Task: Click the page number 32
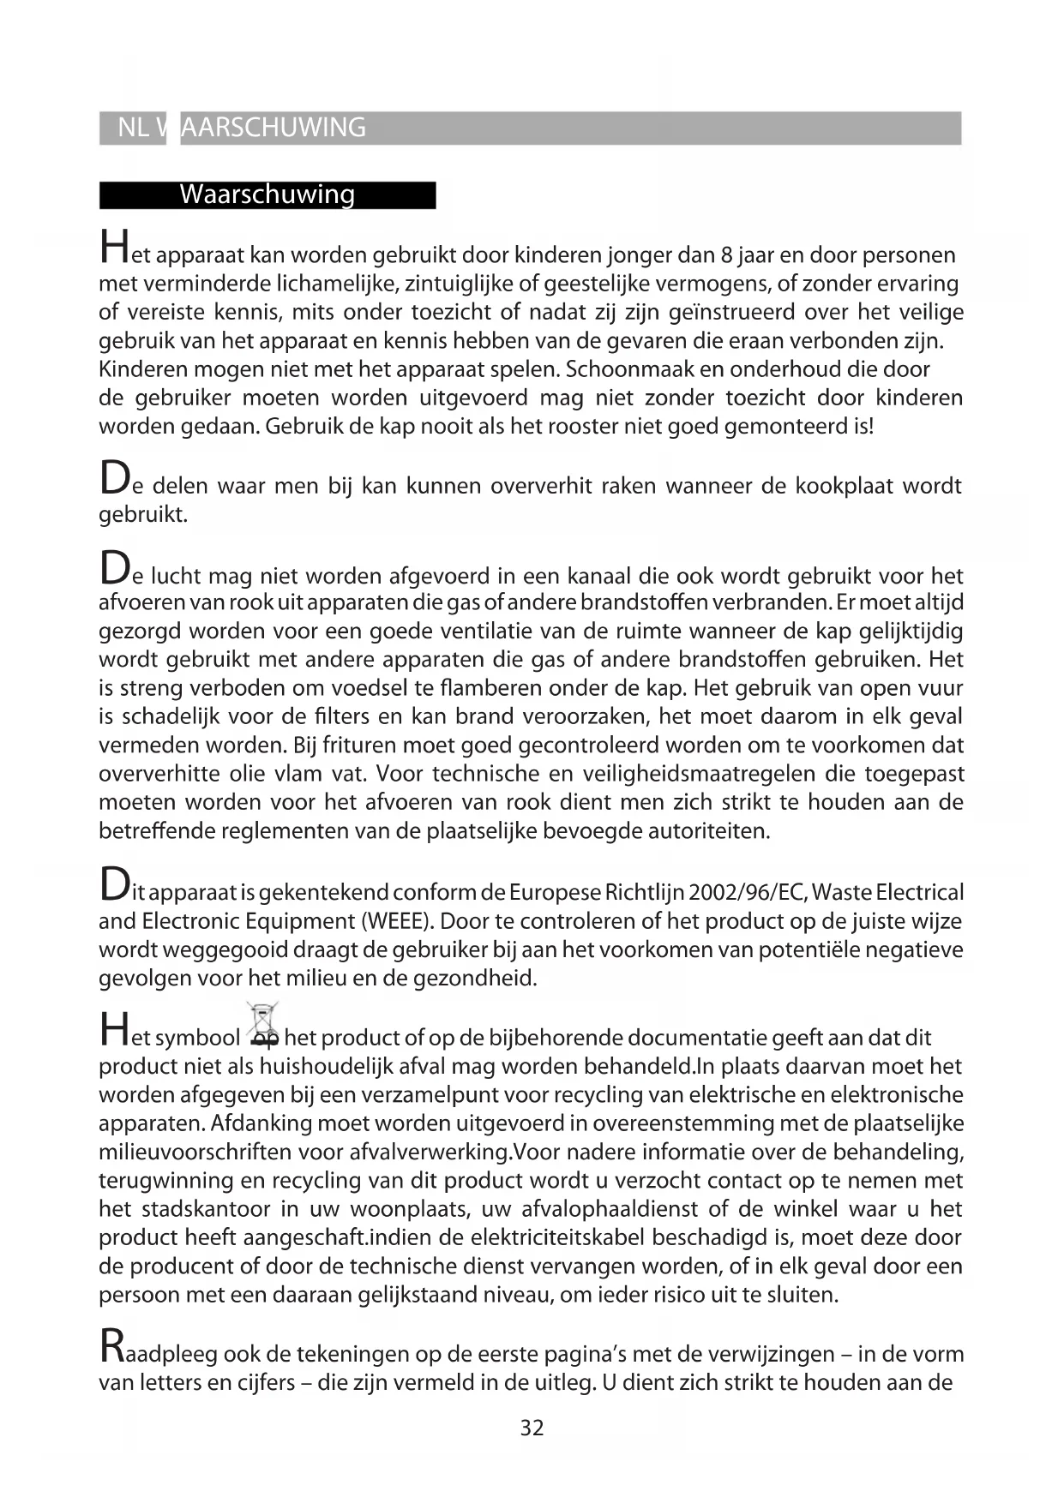click(532, 1428)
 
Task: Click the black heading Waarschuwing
click(267, 195)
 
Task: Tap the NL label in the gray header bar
click(133, 128)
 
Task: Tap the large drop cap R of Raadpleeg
click(111, 1347)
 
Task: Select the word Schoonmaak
click(634, 369)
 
